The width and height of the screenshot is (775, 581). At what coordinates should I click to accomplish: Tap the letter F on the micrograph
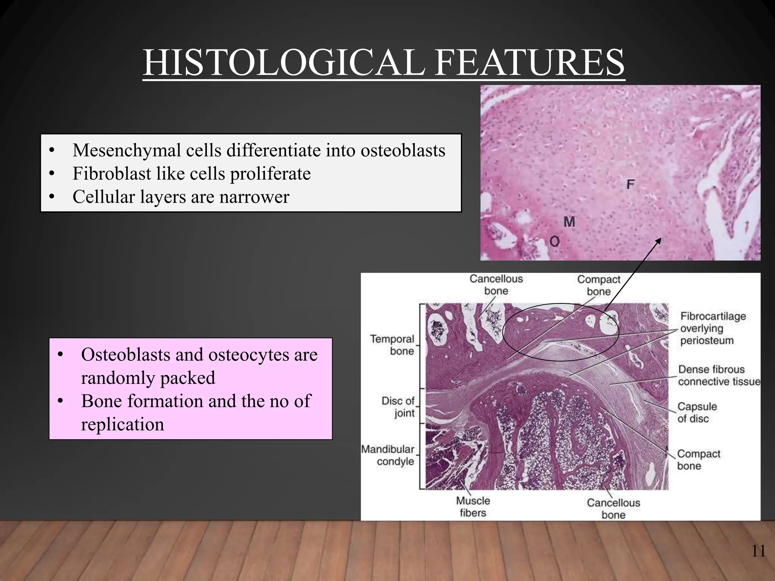630,184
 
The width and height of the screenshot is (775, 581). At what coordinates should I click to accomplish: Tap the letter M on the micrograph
569,222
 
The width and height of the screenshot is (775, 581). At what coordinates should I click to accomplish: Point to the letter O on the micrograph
554,241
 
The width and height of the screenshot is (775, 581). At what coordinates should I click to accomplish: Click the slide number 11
758,551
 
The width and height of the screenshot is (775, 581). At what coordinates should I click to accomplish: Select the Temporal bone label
392,345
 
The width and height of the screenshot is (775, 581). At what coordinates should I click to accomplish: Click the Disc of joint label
398,407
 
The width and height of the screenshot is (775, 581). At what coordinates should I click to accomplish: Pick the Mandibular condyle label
388,455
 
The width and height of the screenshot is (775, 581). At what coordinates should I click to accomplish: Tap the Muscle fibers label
473,506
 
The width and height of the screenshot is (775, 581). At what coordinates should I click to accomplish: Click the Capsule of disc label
697,412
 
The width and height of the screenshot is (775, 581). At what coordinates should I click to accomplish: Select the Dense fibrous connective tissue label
718,375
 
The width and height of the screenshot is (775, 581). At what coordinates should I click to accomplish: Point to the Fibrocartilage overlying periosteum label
713,328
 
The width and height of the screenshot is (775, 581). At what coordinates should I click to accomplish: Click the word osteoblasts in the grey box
403,151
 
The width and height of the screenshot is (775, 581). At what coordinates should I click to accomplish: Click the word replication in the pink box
123,424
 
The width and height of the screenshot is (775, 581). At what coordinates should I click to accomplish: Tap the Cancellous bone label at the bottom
613,508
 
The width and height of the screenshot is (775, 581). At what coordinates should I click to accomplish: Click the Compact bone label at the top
598,285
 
